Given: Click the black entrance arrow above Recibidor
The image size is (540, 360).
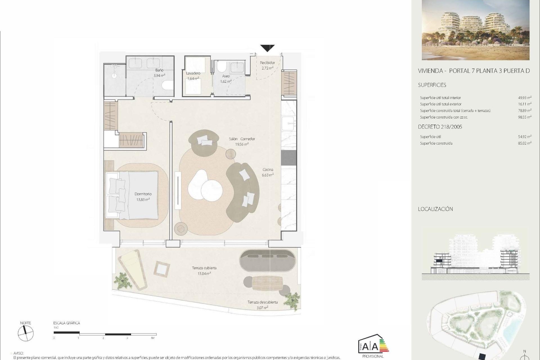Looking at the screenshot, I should [267, 48].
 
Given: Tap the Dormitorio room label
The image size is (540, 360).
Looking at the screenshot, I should [143, 194].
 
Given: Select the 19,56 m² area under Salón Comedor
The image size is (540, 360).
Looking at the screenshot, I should [242, 144].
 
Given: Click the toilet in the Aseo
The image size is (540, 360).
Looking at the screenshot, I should [222, 67].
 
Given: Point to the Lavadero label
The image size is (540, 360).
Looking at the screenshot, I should [193, 73].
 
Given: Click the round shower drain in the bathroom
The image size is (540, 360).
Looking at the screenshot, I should [114, 75].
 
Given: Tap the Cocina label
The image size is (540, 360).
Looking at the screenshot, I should [268, 169].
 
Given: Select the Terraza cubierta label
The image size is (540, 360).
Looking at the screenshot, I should [204, 268].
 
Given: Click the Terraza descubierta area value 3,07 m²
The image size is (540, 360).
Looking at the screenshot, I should [262, 308].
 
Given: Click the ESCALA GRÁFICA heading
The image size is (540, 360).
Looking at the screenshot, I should [67, 323].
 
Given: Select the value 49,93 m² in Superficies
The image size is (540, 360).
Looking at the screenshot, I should [525, 98].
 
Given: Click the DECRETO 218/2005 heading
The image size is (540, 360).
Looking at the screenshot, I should [440, 127].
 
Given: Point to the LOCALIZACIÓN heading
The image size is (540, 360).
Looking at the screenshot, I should [435, 209].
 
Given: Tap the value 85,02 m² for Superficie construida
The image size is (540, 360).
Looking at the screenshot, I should [525, 143].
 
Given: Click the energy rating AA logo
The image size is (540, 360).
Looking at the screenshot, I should [373, 346].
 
